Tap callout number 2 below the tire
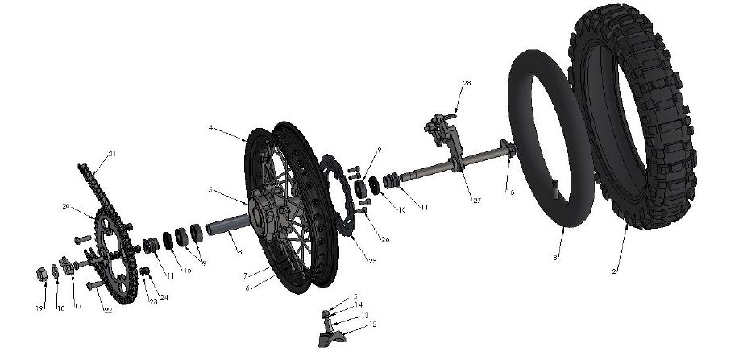tap(614, 271)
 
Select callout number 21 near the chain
tap(112, 154)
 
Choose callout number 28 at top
tap(467, 84)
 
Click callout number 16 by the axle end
tap(510, 192)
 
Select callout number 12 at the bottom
tap(373, 325)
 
